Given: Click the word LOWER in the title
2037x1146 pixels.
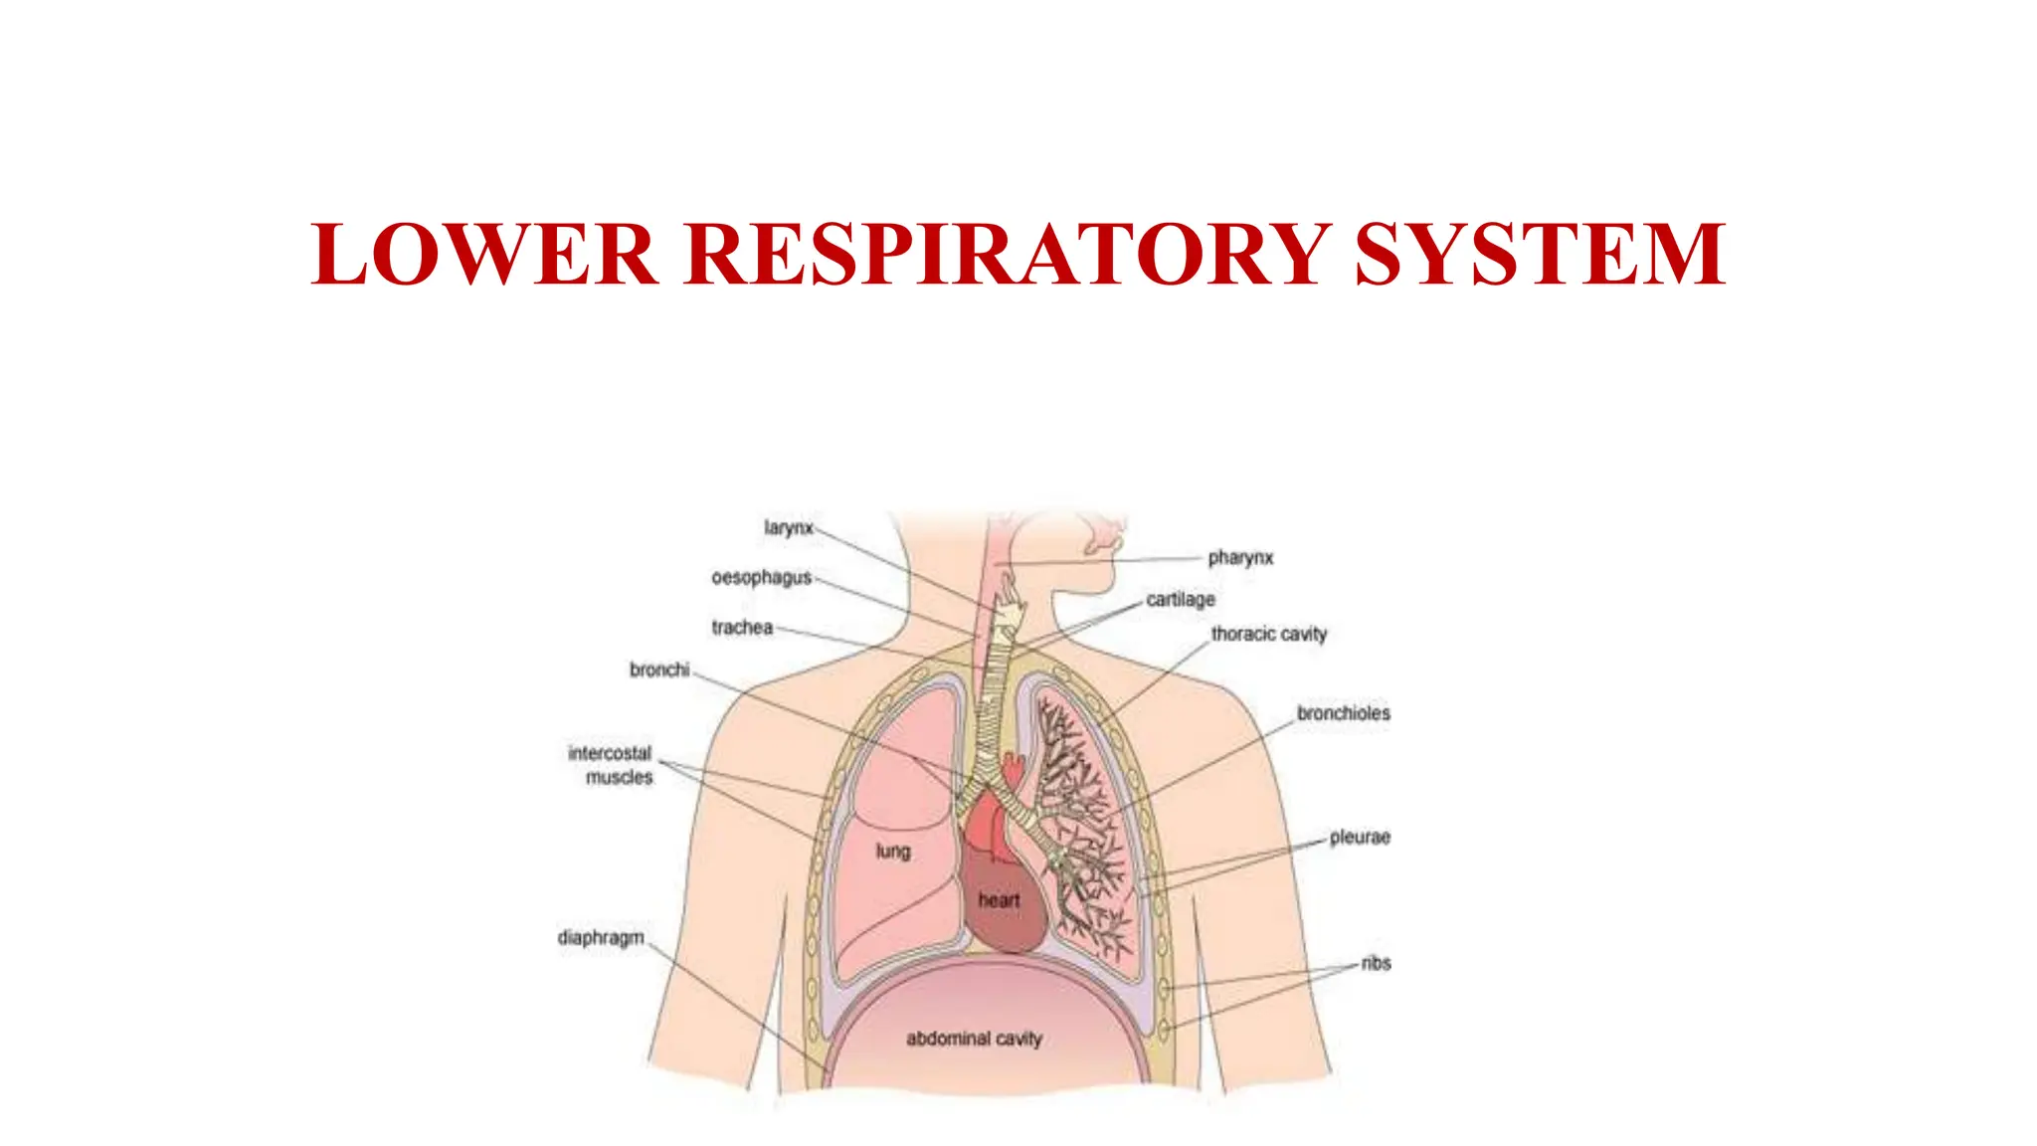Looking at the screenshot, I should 483,255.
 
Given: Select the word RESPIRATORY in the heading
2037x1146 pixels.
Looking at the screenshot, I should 1006,255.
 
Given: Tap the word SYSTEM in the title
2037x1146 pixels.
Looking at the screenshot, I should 1540,255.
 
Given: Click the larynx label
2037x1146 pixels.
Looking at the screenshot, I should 789,527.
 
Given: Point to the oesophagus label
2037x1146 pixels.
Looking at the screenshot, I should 761,577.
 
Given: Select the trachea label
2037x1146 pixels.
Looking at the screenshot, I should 742,628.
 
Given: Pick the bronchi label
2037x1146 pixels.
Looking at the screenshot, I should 659,669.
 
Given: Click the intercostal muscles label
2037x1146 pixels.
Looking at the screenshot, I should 611,765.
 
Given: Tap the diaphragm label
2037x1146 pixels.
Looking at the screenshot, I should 601,937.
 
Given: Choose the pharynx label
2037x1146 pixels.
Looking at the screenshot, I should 1240,558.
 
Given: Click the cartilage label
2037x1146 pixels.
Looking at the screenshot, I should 1181,600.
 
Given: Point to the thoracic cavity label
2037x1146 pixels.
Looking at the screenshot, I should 1269,634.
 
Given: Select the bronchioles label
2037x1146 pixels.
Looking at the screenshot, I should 1343,713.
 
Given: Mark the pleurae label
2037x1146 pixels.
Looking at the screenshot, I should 1360,838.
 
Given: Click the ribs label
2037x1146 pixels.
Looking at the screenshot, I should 1377,963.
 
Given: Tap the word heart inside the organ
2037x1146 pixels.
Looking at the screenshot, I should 999,900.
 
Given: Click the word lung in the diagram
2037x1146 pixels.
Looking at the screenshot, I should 892,852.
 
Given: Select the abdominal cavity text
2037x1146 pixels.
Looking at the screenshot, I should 974,1039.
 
